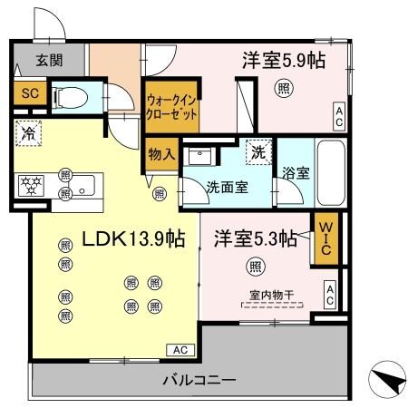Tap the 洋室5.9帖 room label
click(283, 61)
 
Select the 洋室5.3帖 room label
click(256, 238)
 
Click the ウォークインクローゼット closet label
click(172, 109)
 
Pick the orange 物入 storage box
click(161, 154)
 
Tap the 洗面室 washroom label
click(227, 189)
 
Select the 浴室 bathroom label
click(296, 173)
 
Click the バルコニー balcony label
click(199, 380)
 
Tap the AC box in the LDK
click(180, 349)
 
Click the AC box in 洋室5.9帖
click(338, 115)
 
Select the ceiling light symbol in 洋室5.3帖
click(257, 267)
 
